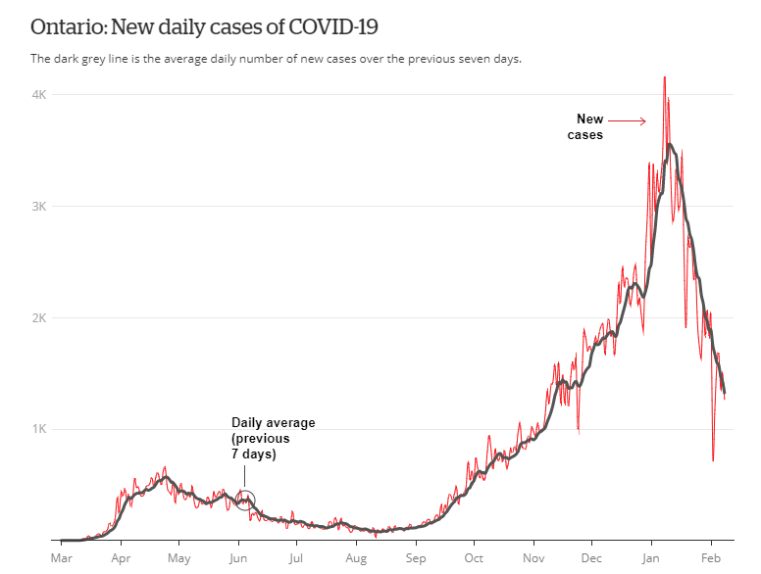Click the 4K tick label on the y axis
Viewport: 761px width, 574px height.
(40, 94)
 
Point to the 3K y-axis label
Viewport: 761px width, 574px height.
(40, 206)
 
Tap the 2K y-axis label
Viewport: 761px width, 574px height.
(40, 317)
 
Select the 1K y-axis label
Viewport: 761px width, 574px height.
(40, 429)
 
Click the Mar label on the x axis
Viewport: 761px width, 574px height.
(61, 558)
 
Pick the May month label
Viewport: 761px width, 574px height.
(178, 558)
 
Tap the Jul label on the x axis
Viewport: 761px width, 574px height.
(295, 558)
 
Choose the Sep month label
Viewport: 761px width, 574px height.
(416, 558)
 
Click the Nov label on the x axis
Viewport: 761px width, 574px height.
(533, 558)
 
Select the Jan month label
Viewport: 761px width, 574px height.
(650, 558)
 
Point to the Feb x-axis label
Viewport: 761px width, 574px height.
(711, 558)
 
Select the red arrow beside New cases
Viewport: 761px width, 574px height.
(630, 121)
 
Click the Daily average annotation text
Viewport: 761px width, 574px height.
(274, 438)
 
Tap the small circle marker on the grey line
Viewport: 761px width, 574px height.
(245, 500)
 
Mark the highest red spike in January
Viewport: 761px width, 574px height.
(665, 78)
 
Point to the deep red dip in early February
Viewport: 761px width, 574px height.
(713, 459)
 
